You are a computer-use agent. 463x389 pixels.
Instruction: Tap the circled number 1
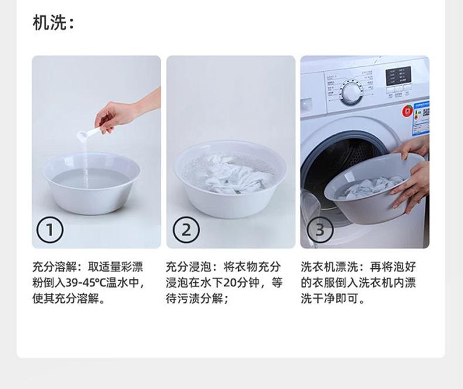(50, 230)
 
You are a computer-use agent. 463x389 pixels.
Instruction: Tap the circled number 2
(186, 230)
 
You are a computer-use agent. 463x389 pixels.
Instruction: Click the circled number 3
(321, 230)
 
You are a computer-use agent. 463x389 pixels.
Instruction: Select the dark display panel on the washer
(399, 76)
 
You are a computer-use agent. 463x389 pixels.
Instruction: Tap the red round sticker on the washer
(408, 111)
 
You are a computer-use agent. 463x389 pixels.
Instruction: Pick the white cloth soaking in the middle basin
(233, 175)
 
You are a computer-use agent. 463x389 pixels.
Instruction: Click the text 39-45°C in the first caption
(85, 283)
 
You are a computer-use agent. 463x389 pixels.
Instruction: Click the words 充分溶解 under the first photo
(55, 267)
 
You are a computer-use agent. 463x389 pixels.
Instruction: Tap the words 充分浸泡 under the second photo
(188, 267)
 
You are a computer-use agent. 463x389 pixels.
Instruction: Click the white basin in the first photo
(91, 183)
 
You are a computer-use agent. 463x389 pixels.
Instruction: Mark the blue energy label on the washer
(421, 119)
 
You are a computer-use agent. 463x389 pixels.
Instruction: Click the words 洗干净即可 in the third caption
(327, 299)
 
